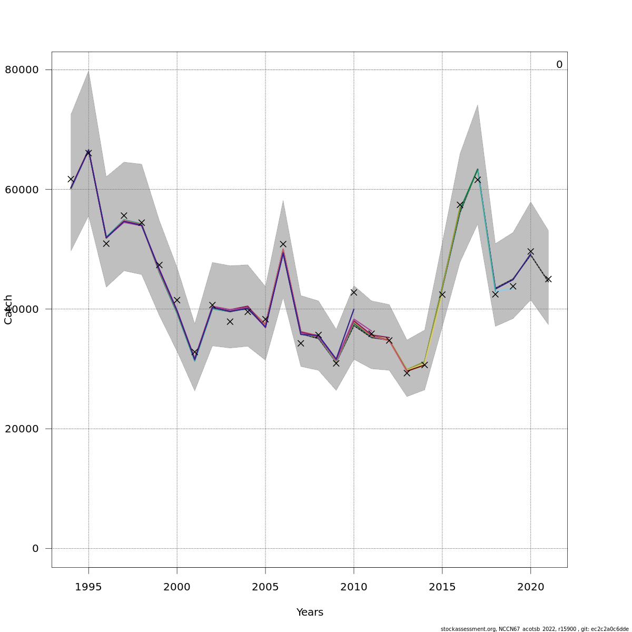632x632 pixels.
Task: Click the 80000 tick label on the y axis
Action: pyautogui.click(x=22, y=70)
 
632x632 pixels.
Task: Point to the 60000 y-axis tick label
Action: pyautogui.click(x=22, y=189)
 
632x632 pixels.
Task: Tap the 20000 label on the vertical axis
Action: pyautogui.click(x=22, y=429)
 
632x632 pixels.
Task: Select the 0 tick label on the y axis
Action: pyautogui.click(x=35, y=548)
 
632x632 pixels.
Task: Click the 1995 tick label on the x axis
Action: pyautogui.click(x=88, y=587)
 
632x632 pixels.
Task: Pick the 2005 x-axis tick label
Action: pyautogui.click(x=265, y=587)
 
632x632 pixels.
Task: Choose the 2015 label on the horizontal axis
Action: pyautogui.click(x=442, y=587)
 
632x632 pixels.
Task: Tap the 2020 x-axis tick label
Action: pyautogui.click(x=531, y=587)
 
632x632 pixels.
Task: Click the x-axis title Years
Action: pyautogui.click(x=310, y=612)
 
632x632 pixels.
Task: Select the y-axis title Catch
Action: pyautogui.click(x=8, y=310)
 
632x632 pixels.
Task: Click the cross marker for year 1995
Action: pyautogui.click(x=88, y=153)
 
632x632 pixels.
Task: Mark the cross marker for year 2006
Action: pyautogui.click(x=283, y=244)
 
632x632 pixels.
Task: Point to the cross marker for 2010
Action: pyautogui.click(x=354, y=292)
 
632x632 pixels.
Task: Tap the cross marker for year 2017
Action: pyautogui.click(x=478, y=180)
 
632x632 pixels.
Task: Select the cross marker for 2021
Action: pyautogui.click(x=548, y=279)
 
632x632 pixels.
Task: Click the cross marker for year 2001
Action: pyautogui.click(x=194, y=352)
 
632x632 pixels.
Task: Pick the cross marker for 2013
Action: pyautogui.click(x=407, y=373)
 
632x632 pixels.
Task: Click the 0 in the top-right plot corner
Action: pyautogui.click(x=559, y=65)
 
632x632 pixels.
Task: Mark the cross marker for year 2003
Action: pyautogui.click(x=230, y=321)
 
